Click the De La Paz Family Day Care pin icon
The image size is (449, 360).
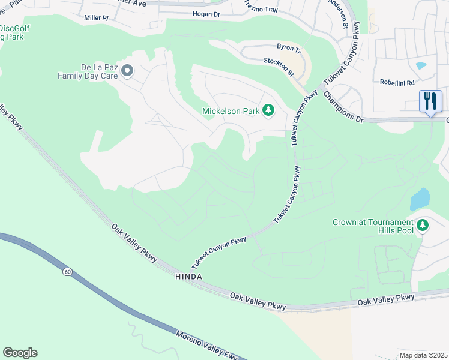click(127, 71)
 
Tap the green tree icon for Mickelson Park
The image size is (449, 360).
click(268, 110)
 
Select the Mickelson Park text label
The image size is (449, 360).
click(230, 110)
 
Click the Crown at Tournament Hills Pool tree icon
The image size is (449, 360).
click(423, 226)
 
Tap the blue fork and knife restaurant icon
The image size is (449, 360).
click(430, 101)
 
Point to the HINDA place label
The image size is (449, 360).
click(188, 276)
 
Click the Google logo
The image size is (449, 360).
click(20, 352)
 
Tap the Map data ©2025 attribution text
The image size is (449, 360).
click(423, 355)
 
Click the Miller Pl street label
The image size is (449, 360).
click(97, 19)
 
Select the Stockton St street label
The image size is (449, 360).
click(279, 67)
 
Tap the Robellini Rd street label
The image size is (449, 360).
click(397, 83)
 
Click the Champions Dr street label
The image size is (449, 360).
click(343, 107)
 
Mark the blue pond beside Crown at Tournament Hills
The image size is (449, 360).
click(420, 199)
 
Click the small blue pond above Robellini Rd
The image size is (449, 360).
click(421, 65)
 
